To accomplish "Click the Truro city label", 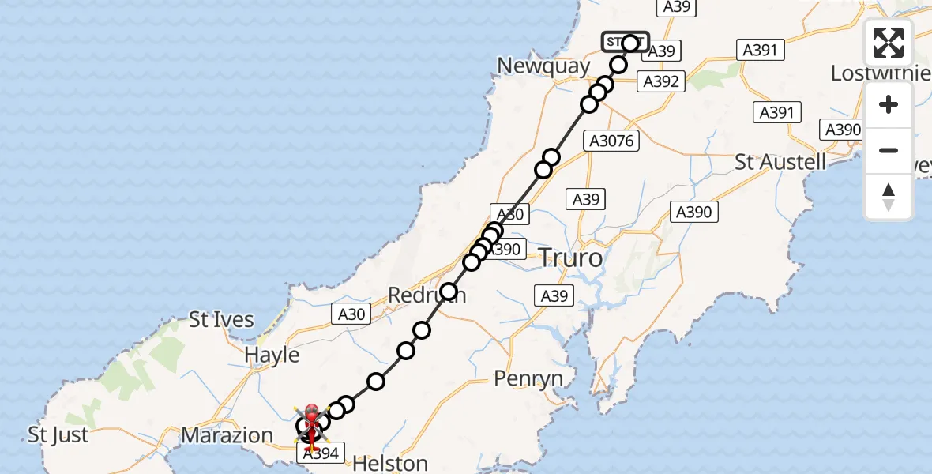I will [x=569, y=258].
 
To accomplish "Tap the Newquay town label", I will [x=544, y=66].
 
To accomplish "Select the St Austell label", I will [x=780, y=163].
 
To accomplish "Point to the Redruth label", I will [x=427, y=295].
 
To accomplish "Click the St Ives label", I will [x=221, y=320].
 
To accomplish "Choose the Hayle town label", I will [x=271, y=355].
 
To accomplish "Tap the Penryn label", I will [x=528, y=378].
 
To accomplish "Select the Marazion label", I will [x=227, y=434].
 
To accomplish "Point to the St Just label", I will [x=58, y=434].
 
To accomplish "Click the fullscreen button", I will [x=889, y=43].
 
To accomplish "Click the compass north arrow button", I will [x=889, y=197].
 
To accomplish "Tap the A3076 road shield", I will [x=610, y=141].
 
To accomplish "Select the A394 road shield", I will [x=321, y=453].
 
